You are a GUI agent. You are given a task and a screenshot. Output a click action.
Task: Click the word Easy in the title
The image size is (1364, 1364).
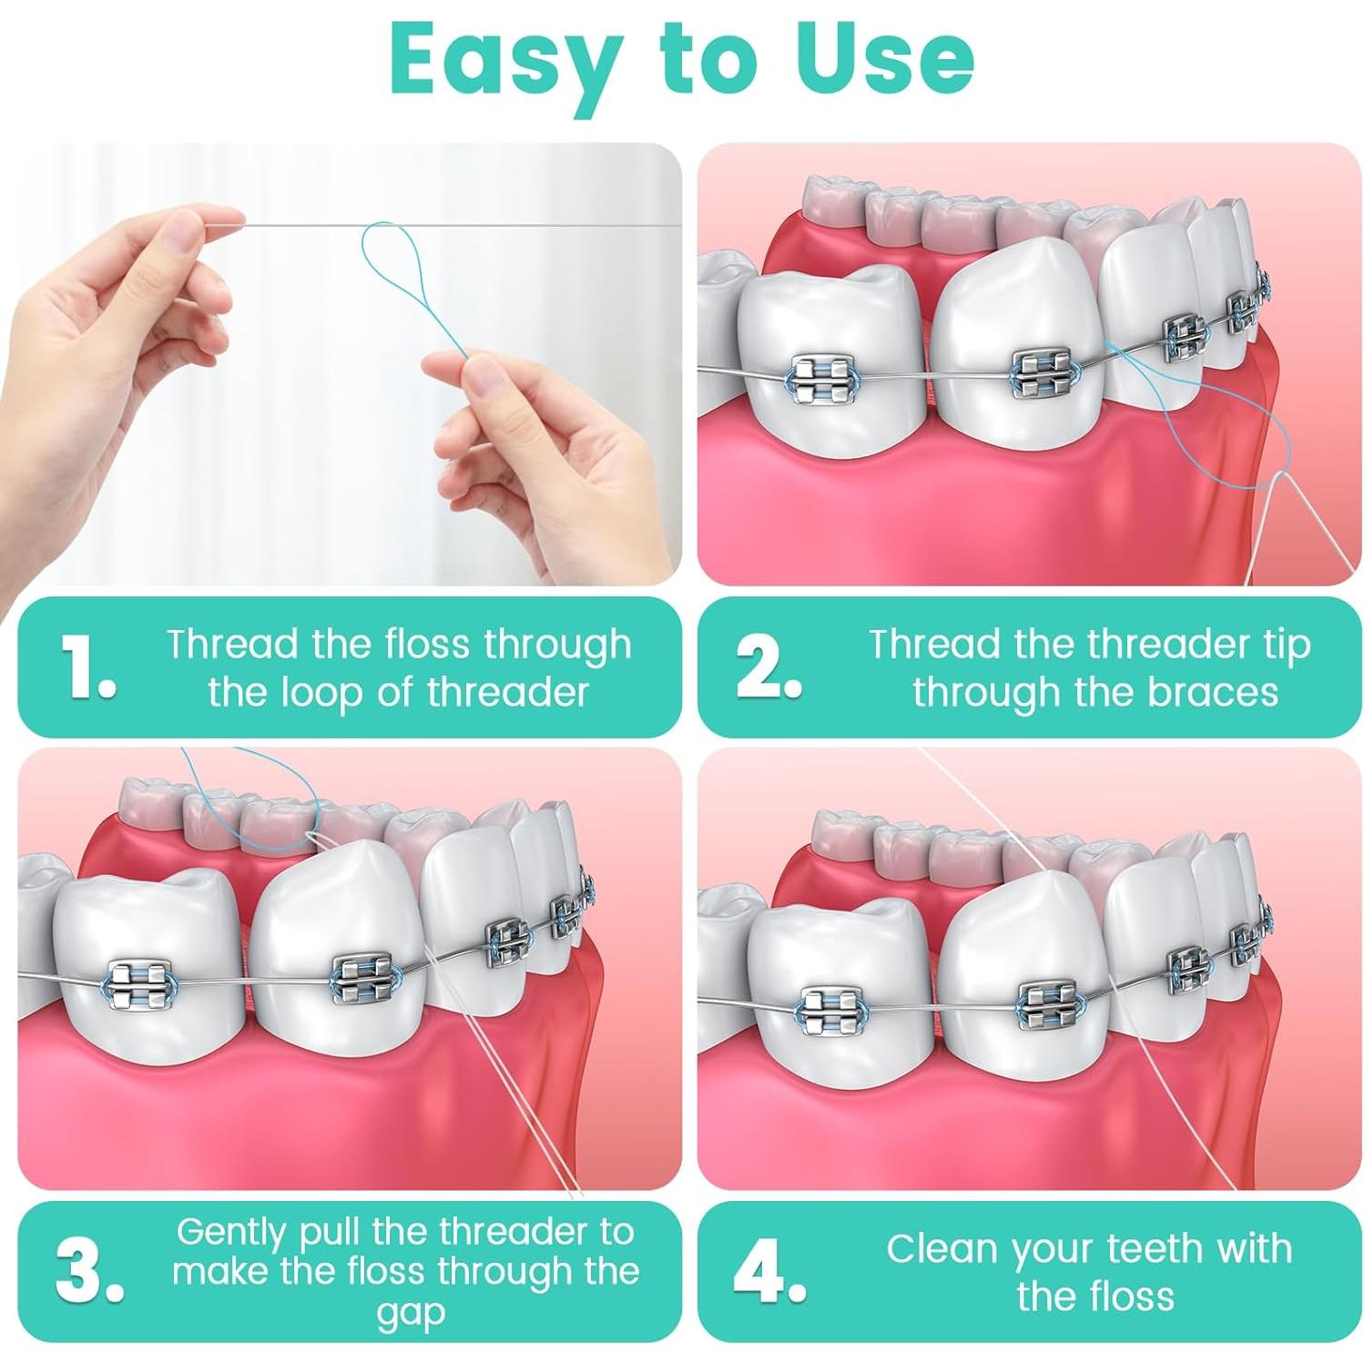495,60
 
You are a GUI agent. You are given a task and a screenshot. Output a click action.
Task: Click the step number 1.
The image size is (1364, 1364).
88,667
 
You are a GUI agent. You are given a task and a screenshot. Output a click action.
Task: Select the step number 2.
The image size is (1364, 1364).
768,667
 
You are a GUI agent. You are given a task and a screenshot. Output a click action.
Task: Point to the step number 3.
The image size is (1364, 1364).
88,1270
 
